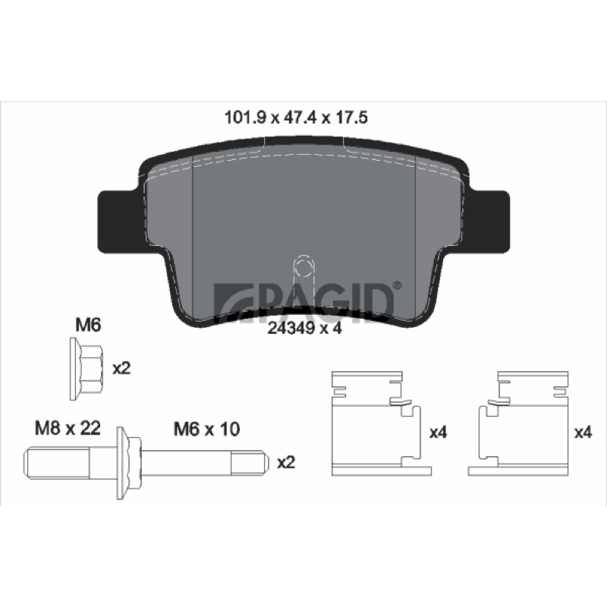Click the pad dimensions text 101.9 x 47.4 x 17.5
click(296, 118)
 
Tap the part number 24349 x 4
click(305, 329)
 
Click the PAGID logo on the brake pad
click(304, 300)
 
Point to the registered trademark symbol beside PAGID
click(398, 286)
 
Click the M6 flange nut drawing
click(86, 369)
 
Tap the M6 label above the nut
click(88, 325)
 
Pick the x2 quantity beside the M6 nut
click(121, 369)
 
